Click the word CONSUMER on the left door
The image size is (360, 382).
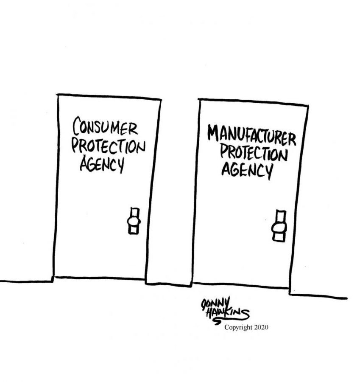click(105, 126)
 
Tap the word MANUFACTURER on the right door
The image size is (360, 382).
click(252, 136)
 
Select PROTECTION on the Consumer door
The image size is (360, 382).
click(108, 146)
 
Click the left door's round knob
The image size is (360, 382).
click(134, 222)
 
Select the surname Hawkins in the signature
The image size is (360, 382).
click(228, 314)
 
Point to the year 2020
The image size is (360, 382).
click(261, 327)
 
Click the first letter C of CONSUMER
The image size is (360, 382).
click(77, 126)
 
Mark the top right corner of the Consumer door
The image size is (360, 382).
click(161, 99)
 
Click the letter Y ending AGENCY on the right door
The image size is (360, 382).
click(269, 172)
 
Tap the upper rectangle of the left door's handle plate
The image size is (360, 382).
click(134, 213)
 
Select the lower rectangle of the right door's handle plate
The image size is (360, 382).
click(279, 237)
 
